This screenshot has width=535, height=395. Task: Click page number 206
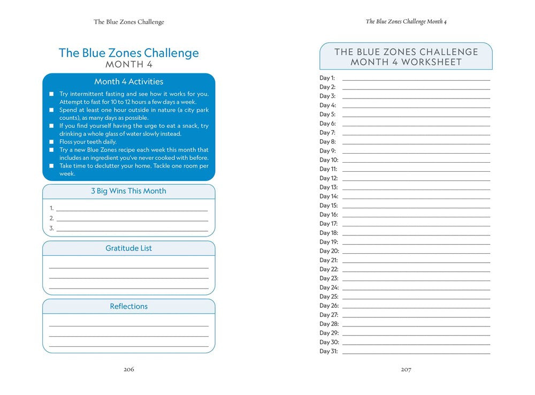click(x=128, y=369)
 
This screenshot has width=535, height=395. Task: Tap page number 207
click(x=406, y=369)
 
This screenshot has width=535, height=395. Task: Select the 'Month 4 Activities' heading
click(x=128, y=82)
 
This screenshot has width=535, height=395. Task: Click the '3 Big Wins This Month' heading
click(x=128, y=191)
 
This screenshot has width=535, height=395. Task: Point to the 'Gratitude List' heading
click(x=128, y=248)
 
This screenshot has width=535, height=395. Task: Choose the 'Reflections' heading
click(x=128, y=307)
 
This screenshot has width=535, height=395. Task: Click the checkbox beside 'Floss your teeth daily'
click(x=52, y=142)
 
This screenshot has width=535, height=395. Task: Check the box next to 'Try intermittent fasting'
click(x=52, y=94)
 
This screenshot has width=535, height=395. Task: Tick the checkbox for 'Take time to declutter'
click(x=52, y=166)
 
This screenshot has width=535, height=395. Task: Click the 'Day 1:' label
click(x=327, y=78)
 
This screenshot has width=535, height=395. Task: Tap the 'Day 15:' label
click(x=328, y=206)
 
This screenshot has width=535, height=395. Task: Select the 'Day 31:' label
click(x=328, y=351)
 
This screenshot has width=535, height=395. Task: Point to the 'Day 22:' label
click(x=328, y=269)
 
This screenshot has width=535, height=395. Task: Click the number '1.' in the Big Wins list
click(x=52, y=208)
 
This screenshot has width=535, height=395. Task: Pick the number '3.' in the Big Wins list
click(x=52, y=229)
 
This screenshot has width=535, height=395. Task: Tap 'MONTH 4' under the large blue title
click(x=128, y=65)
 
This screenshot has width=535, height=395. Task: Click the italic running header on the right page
click(x=406, y=22)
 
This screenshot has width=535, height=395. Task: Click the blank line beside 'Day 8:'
click(x=416, y=142)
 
